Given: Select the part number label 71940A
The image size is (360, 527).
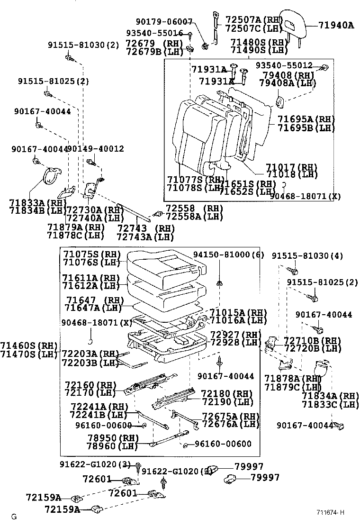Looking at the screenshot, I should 335,25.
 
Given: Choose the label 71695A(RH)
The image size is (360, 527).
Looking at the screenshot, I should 306,119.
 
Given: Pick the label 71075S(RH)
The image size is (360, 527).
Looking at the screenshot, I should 92,254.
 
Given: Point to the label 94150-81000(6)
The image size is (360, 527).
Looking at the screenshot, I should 228,255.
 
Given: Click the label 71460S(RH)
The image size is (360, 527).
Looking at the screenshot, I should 28,345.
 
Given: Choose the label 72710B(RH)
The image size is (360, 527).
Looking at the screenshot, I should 312,341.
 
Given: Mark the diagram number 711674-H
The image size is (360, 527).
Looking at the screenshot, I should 331,513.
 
